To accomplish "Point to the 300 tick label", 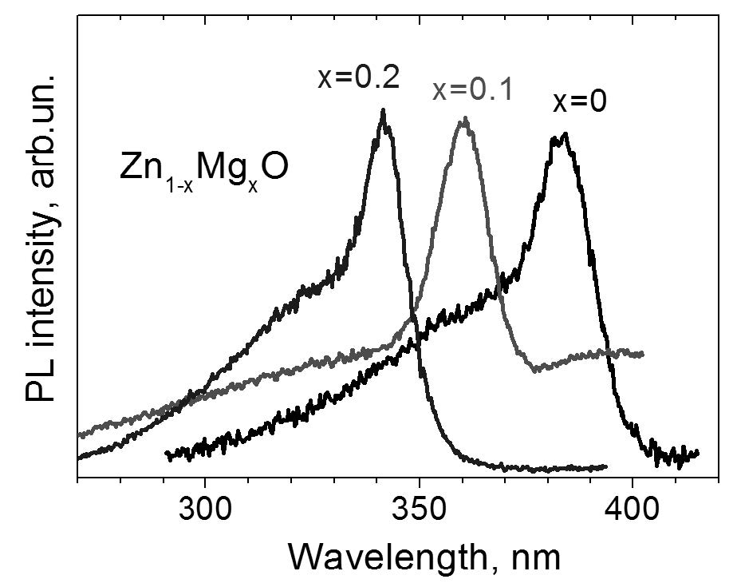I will [x=205, y=508].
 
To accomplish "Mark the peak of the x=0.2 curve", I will [x=384, y=111].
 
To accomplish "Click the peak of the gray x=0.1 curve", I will [x=463, y=120].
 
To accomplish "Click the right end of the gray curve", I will [x=641, y=354].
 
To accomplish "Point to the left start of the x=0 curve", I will [x=167, y=454].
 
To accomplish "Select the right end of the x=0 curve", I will [x=697, y=453].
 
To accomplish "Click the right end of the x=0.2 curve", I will [x=606, y=466].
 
